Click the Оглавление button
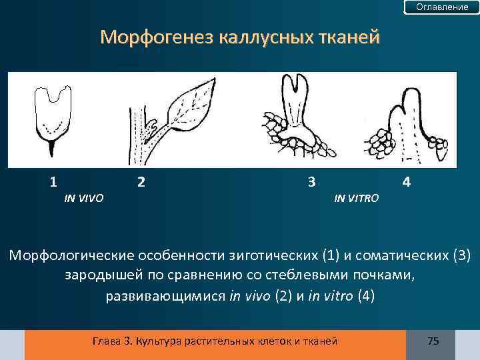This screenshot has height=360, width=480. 442,7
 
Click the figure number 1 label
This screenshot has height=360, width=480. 53,181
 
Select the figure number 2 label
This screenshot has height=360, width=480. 140,181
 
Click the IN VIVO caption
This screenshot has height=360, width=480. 83,198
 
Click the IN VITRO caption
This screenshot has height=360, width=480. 356,198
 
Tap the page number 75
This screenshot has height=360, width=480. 433,341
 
